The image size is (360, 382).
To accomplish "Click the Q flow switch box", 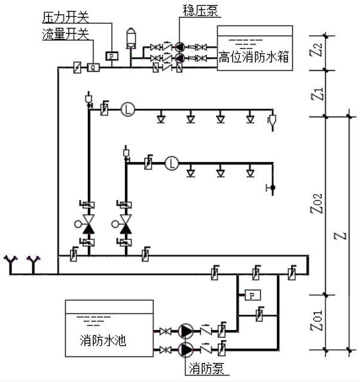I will (93, 68).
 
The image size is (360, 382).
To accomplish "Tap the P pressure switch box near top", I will (112, 56).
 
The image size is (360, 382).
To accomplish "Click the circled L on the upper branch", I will (127, 109).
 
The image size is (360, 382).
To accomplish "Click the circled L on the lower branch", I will (172, 162).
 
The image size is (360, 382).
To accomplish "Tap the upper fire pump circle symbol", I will (185, 331).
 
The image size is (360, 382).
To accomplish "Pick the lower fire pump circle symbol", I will (185, 348).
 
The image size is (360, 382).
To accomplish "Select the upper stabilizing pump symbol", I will (178, 47).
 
